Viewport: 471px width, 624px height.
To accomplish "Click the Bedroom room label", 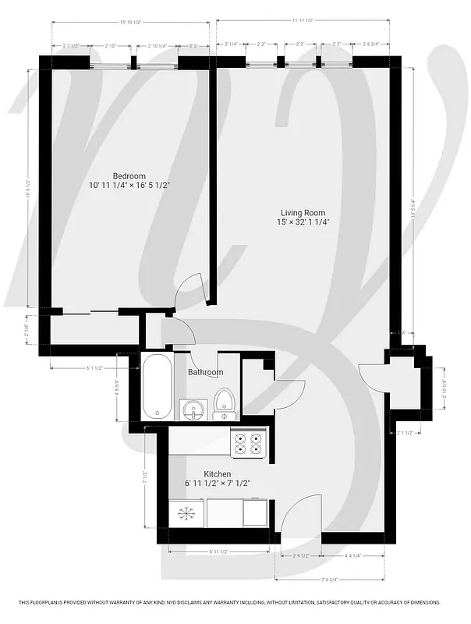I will (x=129, y=175).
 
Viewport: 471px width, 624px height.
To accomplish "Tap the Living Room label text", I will (x=303, y=212).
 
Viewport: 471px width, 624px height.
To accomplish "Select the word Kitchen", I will (x=217, y=474).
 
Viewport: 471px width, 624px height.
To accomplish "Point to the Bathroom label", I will (x=205, y=373).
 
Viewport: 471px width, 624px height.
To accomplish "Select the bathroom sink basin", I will (x=192, y=409).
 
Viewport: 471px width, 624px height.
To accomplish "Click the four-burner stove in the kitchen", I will (x=250, y=443).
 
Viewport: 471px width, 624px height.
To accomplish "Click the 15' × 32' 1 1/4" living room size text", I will (x=303, y=222).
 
